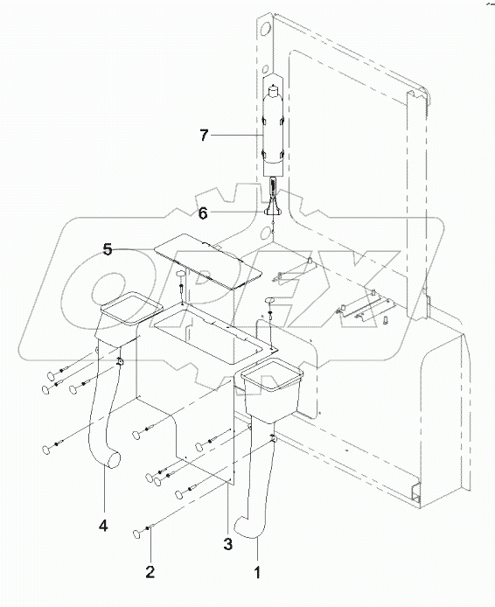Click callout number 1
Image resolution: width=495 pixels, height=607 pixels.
coord(257,572)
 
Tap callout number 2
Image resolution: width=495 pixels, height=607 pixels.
coord(150,571)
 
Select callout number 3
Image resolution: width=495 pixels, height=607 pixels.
coord(228,544)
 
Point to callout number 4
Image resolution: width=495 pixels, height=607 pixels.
coord(103,526)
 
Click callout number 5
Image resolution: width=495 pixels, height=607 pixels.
coord(108,249)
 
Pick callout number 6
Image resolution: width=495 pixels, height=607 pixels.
coord(203,213)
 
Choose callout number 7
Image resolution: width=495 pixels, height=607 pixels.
coord(204,136)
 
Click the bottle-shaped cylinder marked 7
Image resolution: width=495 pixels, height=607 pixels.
coord(273,129)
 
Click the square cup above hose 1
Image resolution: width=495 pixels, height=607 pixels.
coord(272,389)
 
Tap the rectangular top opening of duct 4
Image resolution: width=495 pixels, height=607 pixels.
coord(131,308)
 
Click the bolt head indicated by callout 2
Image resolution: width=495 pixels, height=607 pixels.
coord(137,534)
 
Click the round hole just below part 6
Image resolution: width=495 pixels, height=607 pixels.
coord(267,234)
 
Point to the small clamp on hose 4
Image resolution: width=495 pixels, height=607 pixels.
coord(120,361)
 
